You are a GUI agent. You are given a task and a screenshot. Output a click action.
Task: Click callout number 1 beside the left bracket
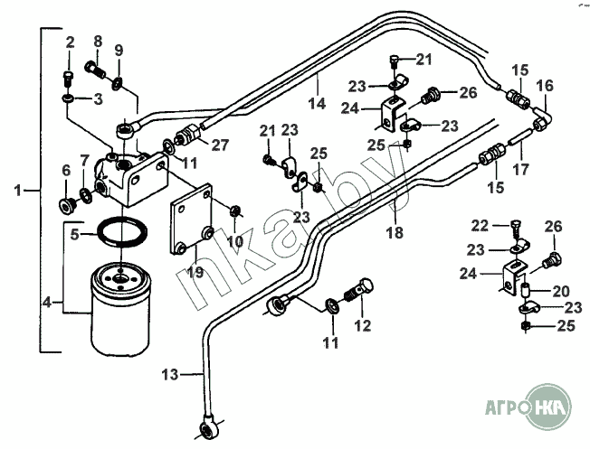(19, 191)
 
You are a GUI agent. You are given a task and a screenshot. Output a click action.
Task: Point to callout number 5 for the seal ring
(78, 234)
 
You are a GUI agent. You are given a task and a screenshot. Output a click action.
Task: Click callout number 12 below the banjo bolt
(362, 325)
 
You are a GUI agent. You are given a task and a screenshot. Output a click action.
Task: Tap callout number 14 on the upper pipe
(315, 103)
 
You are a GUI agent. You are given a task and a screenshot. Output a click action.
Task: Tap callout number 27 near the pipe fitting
(220, 145)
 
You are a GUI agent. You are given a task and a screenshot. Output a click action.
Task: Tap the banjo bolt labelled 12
(359, 292)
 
